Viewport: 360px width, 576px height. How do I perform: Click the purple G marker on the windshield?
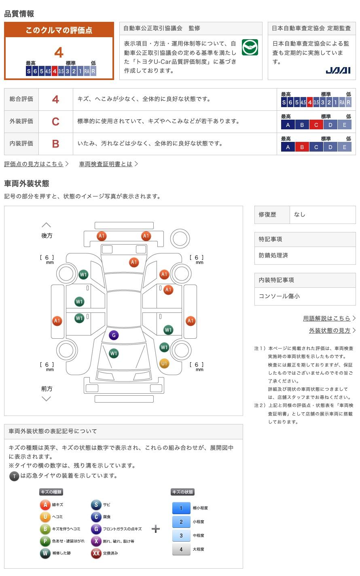tap(114, 335)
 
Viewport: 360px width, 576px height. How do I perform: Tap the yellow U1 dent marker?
tap(164, 363)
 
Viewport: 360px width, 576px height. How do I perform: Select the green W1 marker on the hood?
tap(114, 353)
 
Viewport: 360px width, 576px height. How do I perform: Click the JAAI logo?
tap(338, 70)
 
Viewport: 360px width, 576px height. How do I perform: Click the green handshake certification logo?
tap(250, 47)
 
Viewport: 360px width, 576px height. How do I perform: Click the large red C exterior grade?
tap(55, 122)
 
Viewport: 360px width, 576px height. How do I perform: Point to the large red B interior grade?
tap(55, 144)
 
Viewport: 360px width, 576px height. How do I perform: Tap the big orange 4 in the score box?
tap(59, 53)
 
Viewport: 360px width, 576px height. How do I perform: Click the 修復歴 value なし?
tap(300, 215)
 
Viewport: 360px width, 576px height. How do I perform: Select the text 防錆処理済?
tap(273, 255)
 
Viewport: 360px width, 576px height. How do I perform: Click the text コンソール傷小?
tap(279, 296)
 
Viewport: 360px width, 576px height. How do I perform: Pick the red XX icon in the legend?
tap(96, 553)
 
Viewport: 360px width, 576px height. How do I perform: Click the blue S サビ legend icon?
tap(96, 505)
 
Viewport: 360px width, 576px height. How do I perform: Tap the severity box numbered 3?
tap(181, 535)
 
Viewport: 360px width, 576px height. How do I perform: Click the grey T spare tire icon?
tap(14, 476)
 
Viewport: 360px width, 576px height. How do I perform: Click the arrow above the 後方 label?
tap(47, 225)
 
